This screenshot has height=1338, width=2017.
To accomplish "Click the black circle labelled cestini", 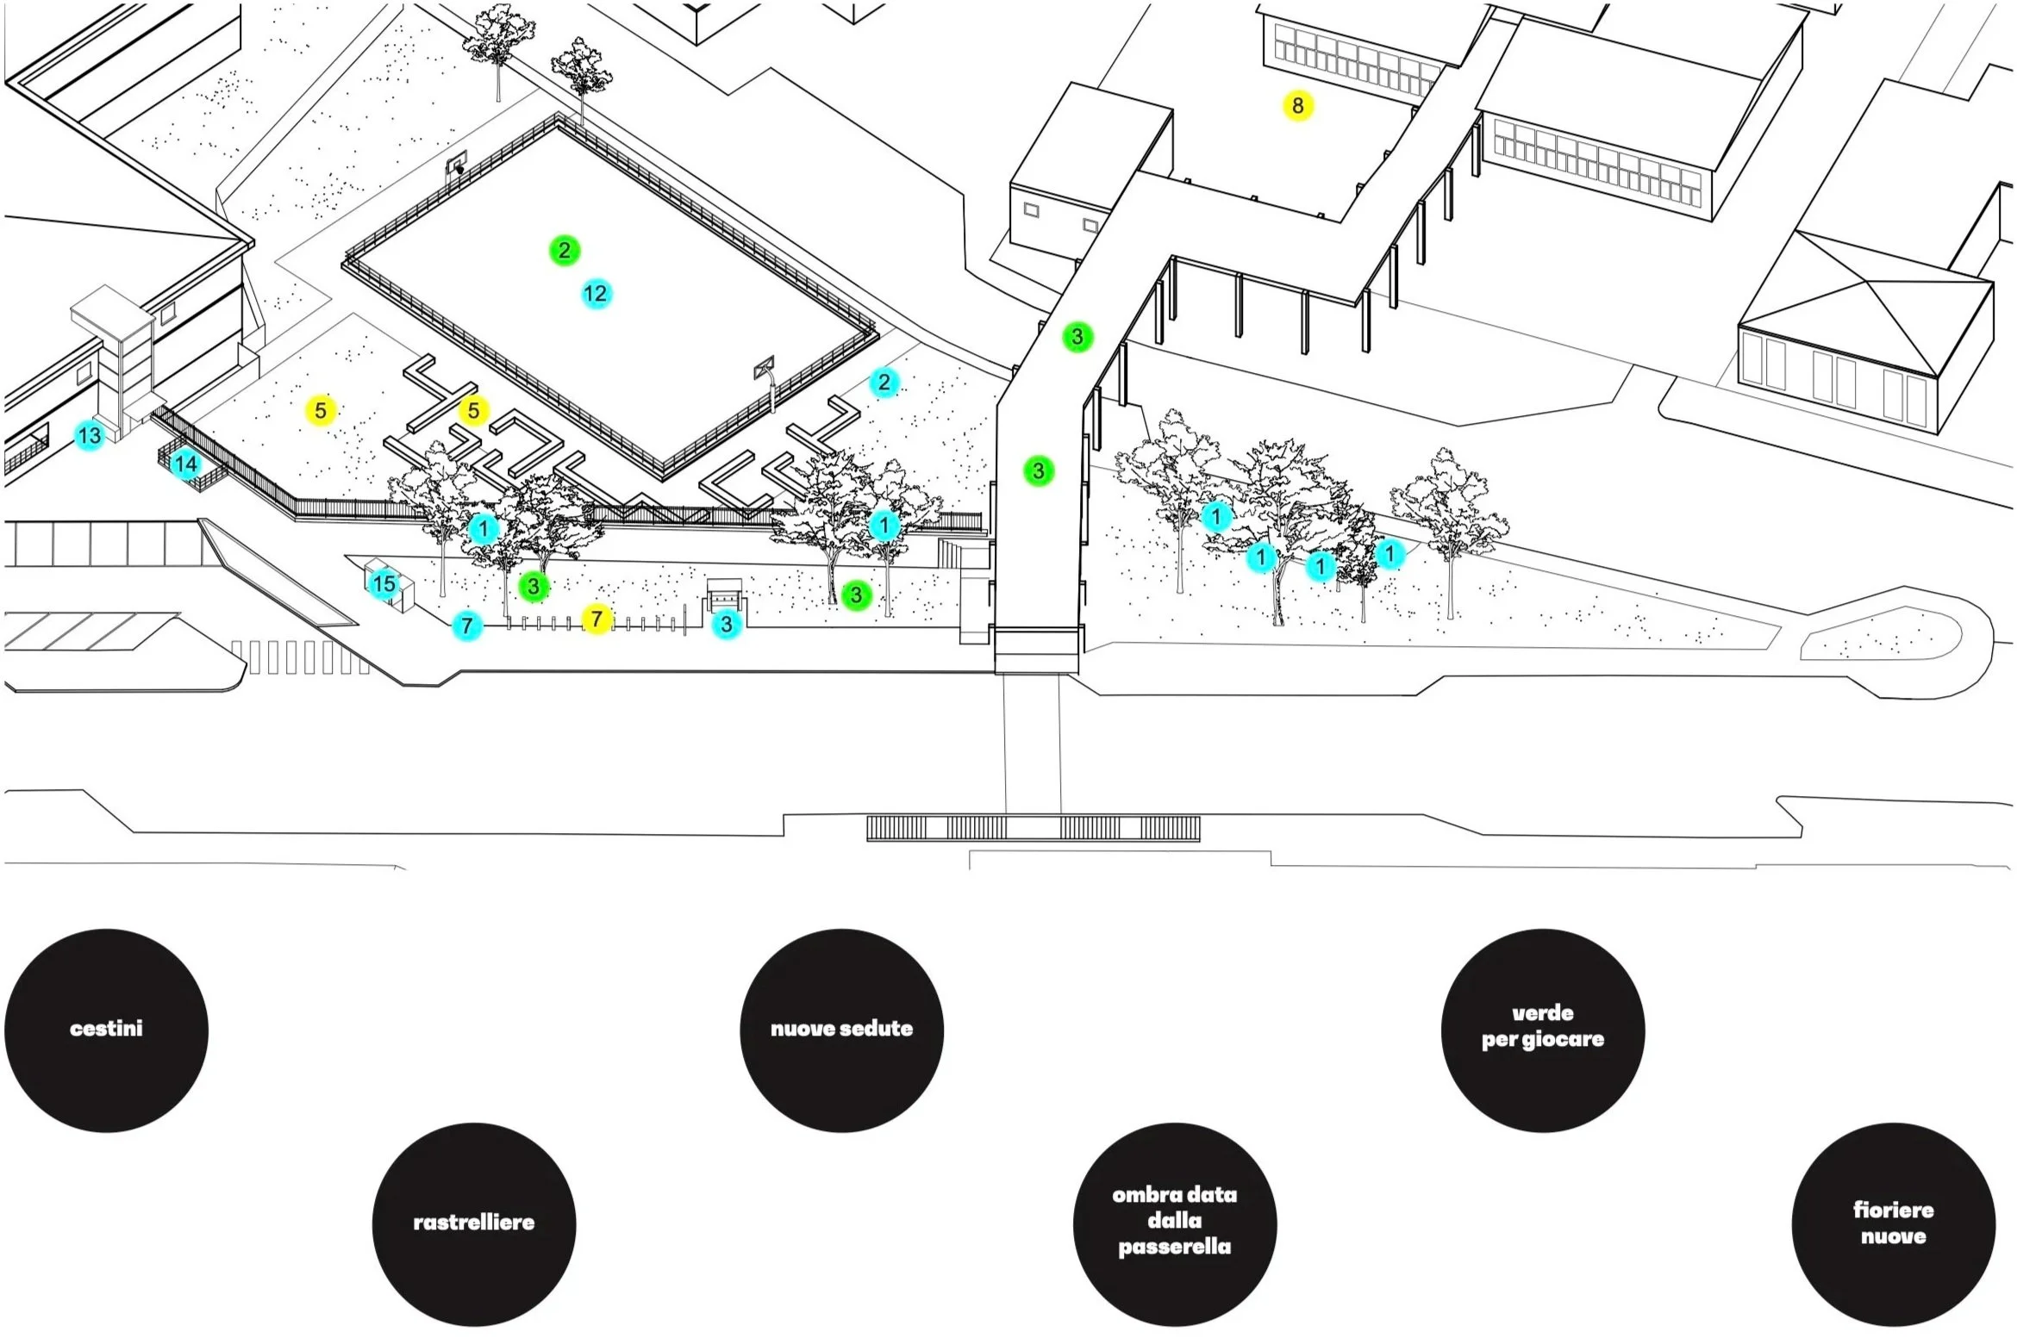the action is click(x=106, y=1030).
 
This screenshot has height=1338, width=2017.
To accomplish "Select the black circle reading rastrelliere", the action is click(x=473, y=1223).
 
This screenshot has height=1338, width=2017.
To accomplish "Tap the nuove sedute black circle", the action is click(x=841, y=1030).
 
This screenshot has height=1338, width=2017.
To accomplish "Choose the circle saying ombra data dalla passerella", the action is click(x=1174, y=1223).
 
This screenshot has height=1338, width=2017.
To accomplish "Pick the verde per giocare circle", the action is click(x=1542, y=1030).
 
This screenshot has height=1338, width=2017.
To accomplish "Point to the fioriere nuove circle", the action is click(x=1893, y=1223).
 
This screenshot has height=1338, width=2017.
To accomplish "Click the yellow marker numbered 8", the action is click(x=1297, y=106).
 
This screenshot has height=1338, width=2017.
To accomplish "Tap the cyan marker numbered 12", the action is click(x=595, y=294).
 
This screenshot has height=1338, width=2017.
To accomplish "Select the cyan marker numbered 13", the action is click(x=89, y=436).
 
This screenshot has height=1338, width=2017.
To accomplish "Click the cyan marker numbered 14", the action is click(x=185, y=465).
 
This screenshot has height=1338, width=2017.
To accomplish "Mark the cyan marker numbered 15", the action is click(x=384, y=584).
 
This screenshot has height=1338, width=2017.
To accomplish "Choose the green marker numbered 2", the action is click(x=565, y=251).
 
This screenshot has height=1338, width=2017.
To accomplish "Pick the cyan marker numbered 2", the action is click(x=884, y=383).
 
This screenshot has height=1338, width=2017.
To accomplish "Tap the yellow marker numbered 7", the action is click(x=596, y=619).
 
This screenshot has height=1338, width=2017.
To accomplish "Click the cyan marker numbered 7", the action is click(x=467, y=625).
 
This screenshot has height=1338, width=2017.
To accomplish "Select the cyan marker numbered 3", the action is click(x=727, y=625).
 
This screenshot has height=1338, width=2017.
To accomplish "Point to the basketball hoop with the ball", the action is click(x=458, y=164).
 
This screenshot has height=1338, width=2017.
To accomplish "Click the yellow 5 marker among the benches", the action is click(x=473, y=411).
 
